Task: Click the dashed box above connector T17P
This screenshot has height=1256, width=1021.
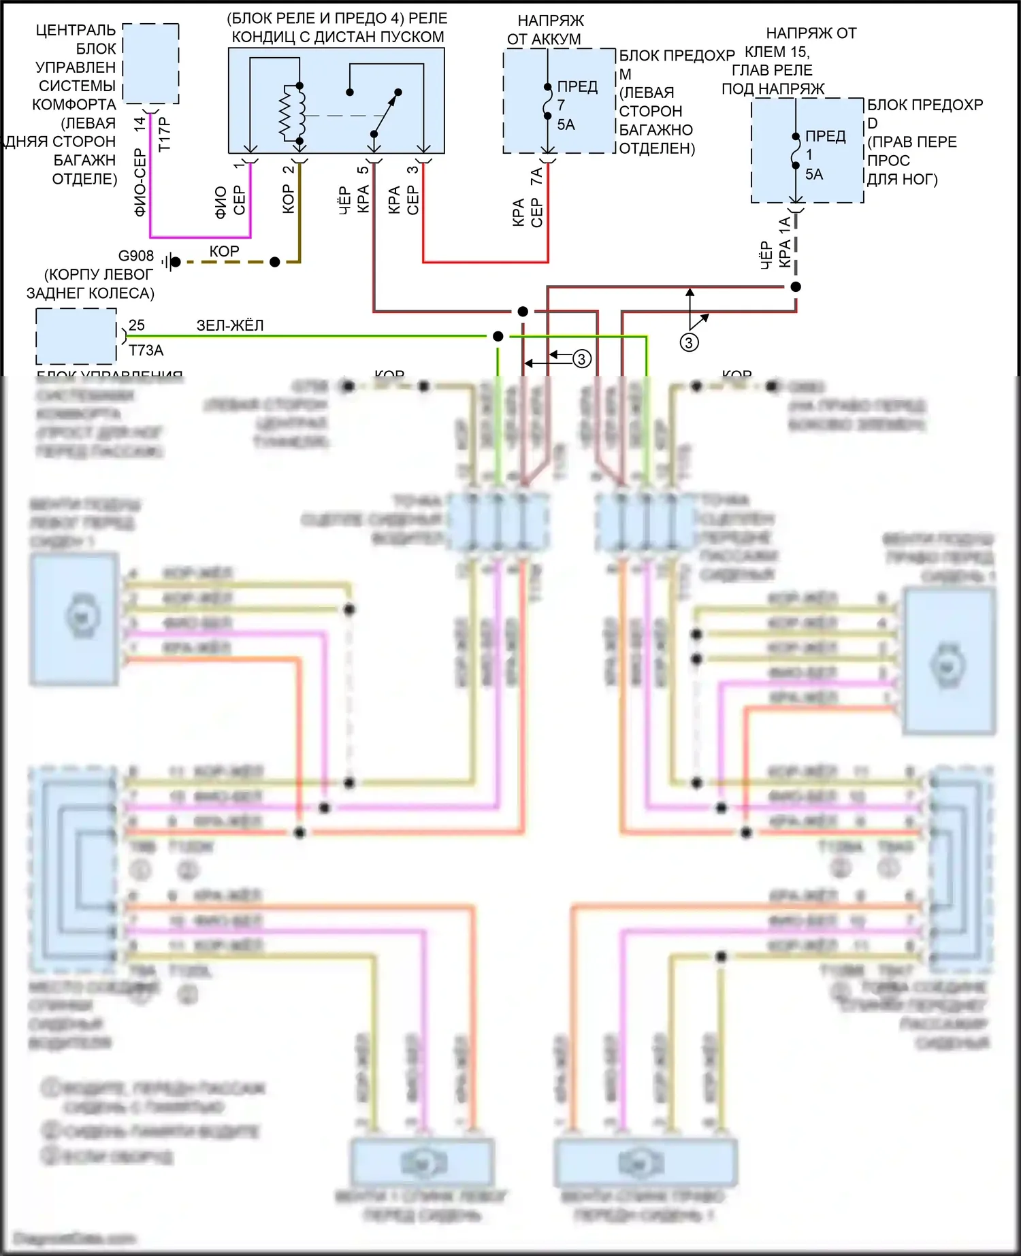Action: (150, 63)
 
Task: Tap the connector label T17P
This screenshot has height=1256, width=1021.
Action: (164, 134)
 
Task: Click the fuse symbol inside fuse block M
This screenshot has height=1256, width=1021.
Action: (547, 101)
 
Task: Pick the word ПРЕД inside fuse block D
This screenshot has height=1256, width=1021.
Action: (825, 136)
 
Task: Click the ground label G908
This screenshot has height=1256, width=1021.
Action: (136, 256)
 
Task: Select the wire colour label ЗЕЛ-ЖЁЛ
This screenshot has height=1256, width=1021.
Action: (229, 325)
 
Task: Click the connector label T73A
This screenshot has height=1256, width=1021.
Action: (146, 350)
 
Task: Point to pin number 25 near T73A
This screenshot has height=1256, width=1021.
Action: (136, 325)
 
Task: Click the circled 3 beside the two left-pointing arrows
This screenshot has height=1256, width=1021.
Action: (581, 359)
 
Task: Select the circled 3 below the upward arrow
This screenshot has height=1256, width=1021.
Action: (689, 342)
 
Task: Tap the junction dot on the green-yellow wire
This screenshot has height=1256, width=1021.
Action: (498, 336)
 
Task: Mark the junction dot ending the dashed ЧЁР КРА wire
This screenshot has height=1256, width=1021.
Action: (796, 286)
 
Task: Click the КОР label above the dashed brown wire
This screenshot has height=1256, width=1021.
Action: (224, 251)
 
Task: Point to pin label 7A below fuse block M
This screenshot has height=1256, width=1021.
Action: (536, 176)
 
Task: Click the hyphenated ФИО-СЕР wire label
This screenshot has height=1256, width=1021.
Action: (140, 182)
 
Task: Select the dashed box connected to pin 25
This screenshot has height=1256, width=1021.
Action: (76, 336)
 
